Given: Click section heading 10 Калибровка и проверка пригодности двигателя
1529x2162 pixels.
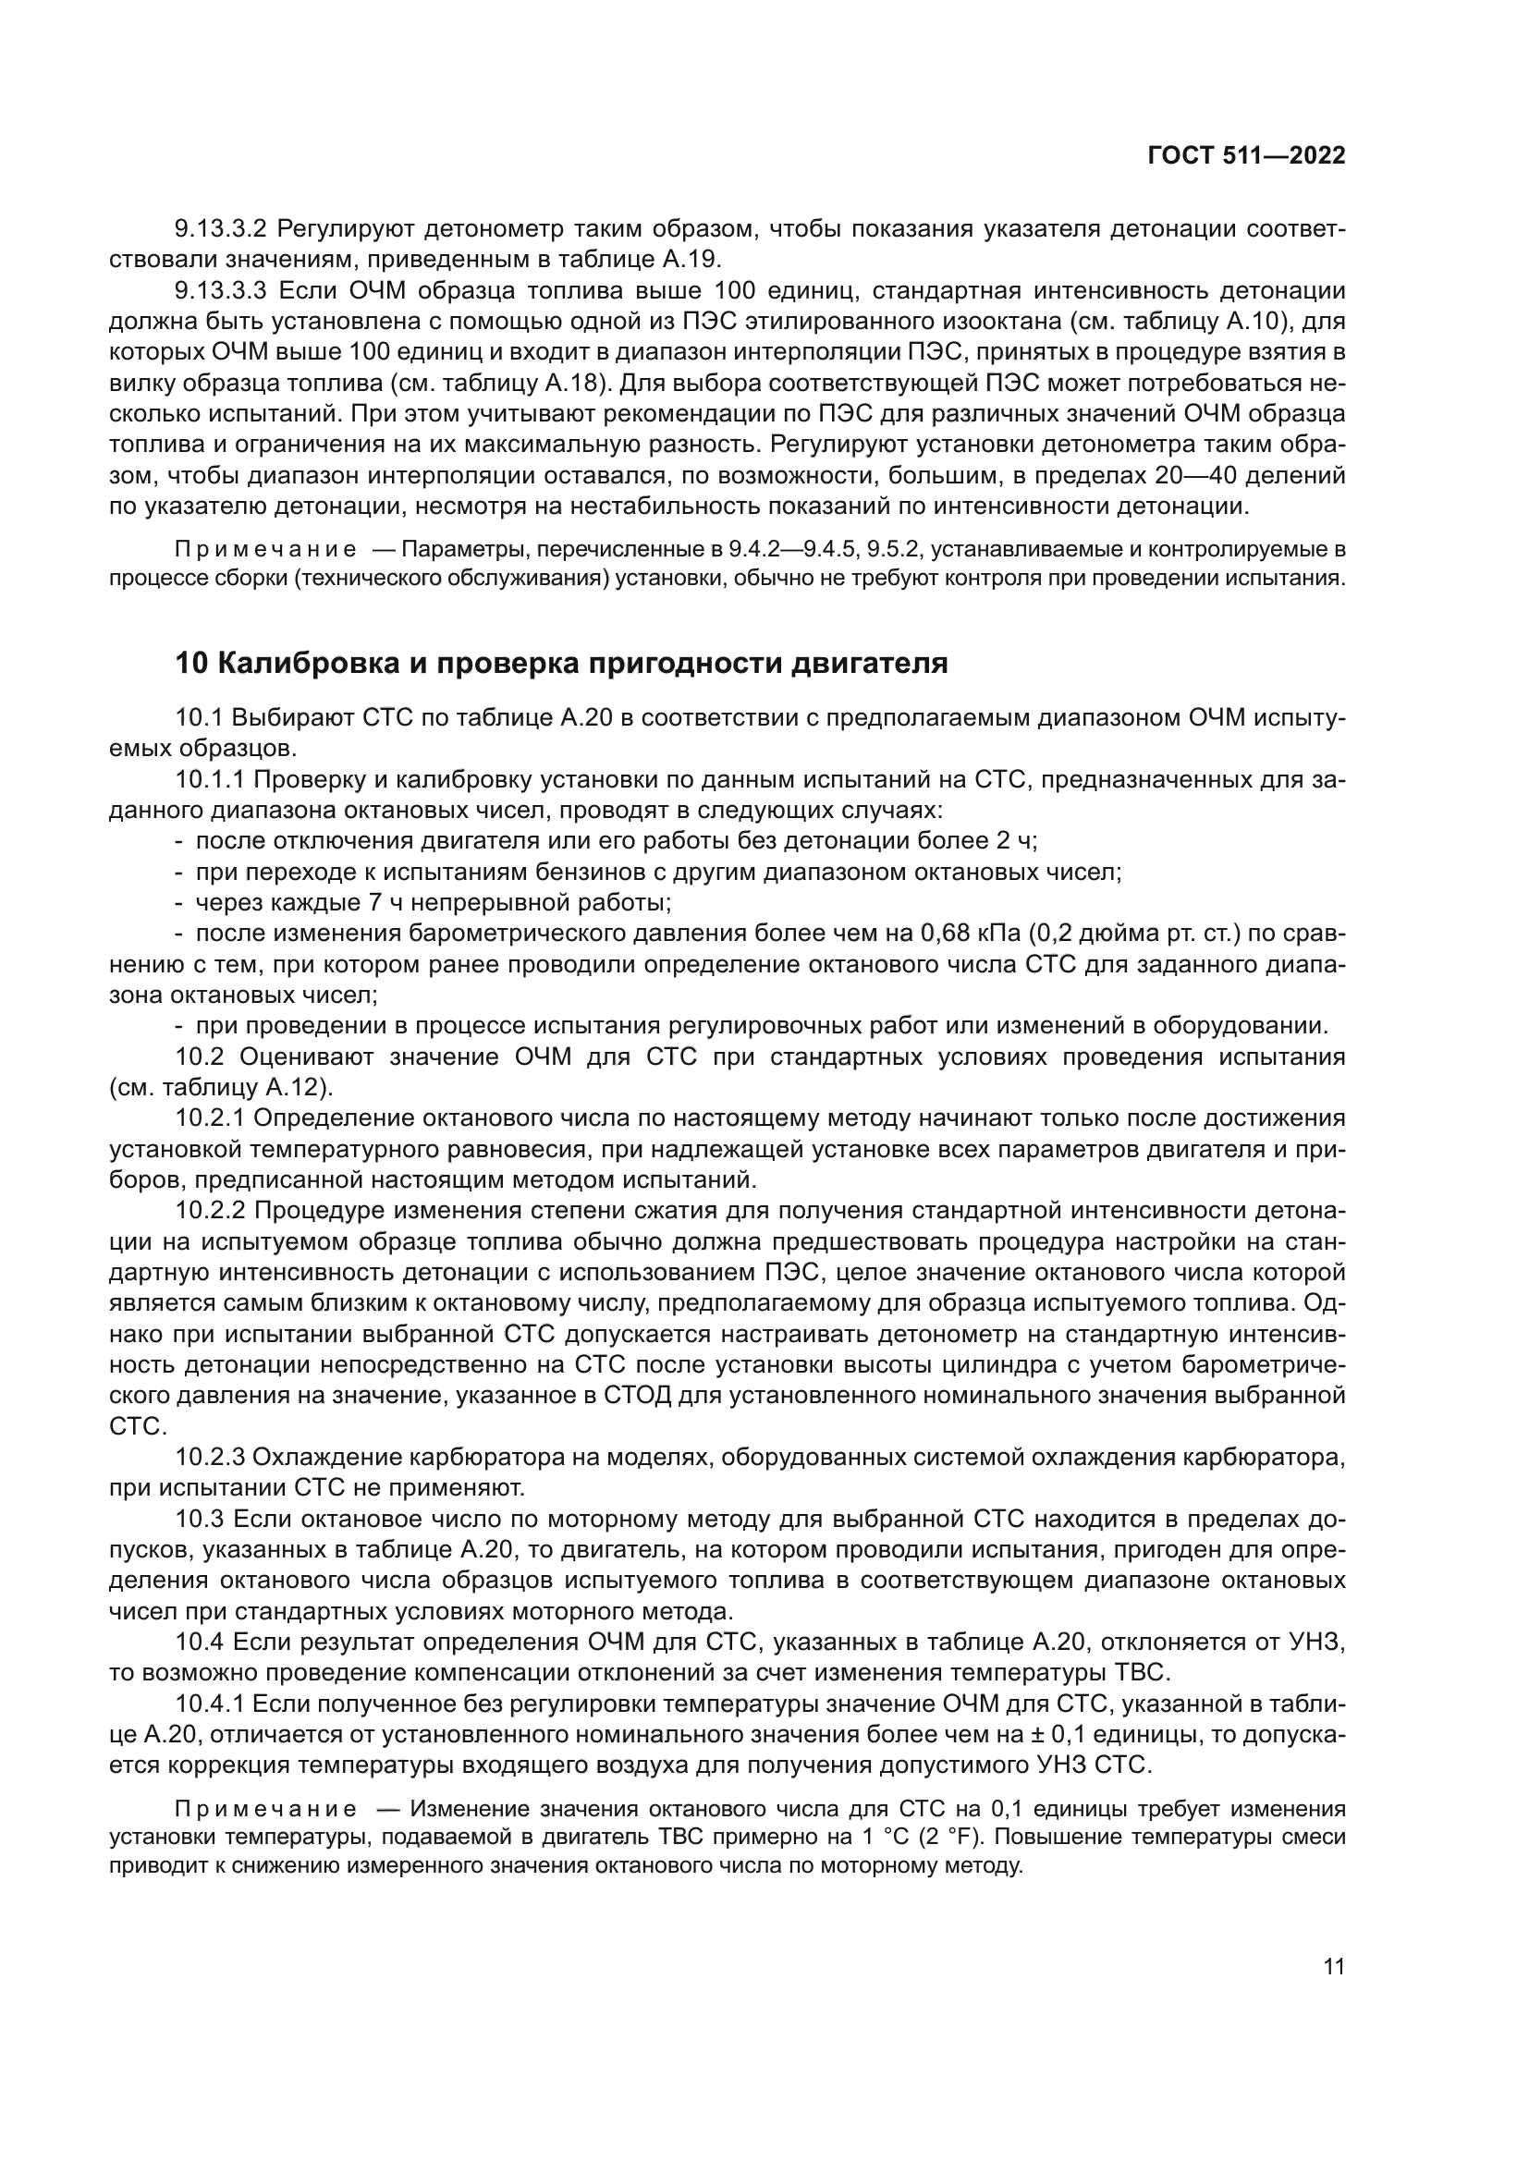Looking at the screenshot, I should tap(561, 663).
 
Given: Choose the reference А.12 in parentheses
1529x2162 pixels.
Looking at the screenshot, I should tap(296, 1088).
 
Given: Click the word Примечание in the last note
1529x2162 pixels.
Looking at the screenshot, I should tap(266, 1809).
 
